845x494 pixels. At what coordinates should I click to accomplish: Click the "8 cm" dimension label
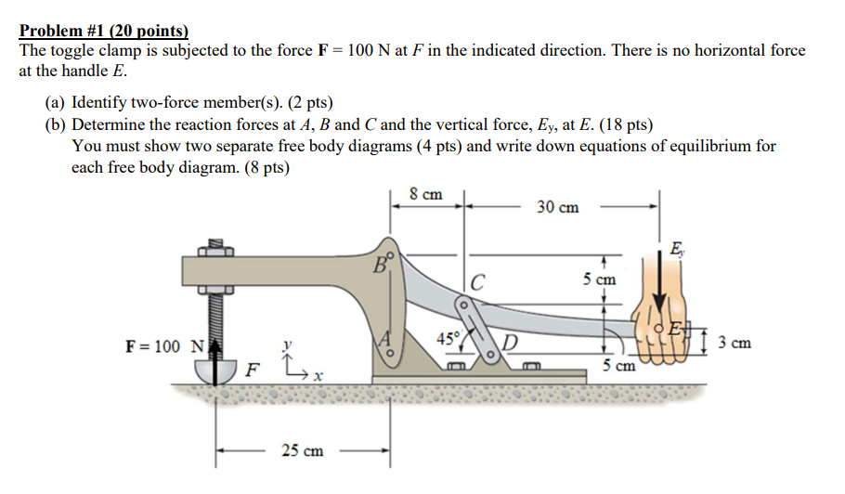click(x=425, y=195)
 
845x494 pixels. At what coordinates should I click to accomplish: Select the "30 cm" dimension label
click(x=557, y=207)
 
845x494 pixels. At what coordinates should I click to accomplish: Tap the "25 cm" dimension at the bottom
click(x=303, y=450)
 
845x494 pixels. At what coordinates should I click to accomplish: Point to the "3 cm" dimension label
click(x=733, y=344)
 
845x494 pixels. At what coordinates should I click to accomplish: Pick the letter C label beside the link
click(x=477, y=282)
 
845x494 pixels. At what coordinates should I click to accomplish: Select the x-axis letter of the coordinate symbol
click(x=318, y=377)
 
